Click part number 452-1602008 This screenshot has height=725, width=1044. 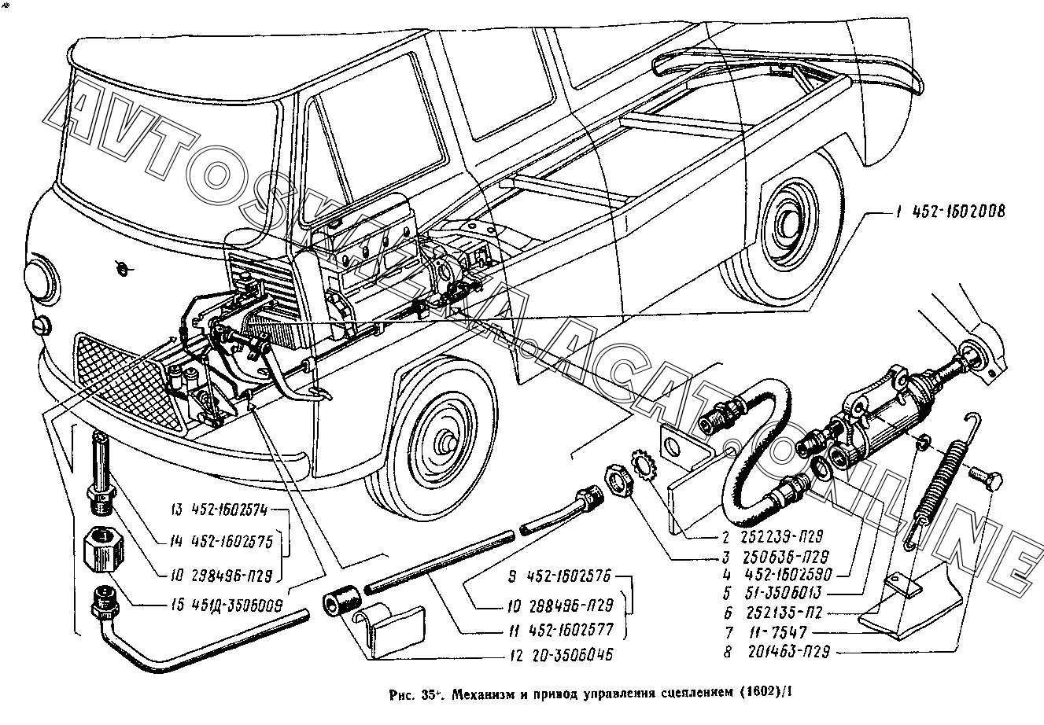click(953, 212)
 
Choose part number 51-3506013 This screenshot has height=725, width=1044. click(774, 594)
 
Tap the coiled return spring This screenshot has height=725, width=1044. click(943, 480)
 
